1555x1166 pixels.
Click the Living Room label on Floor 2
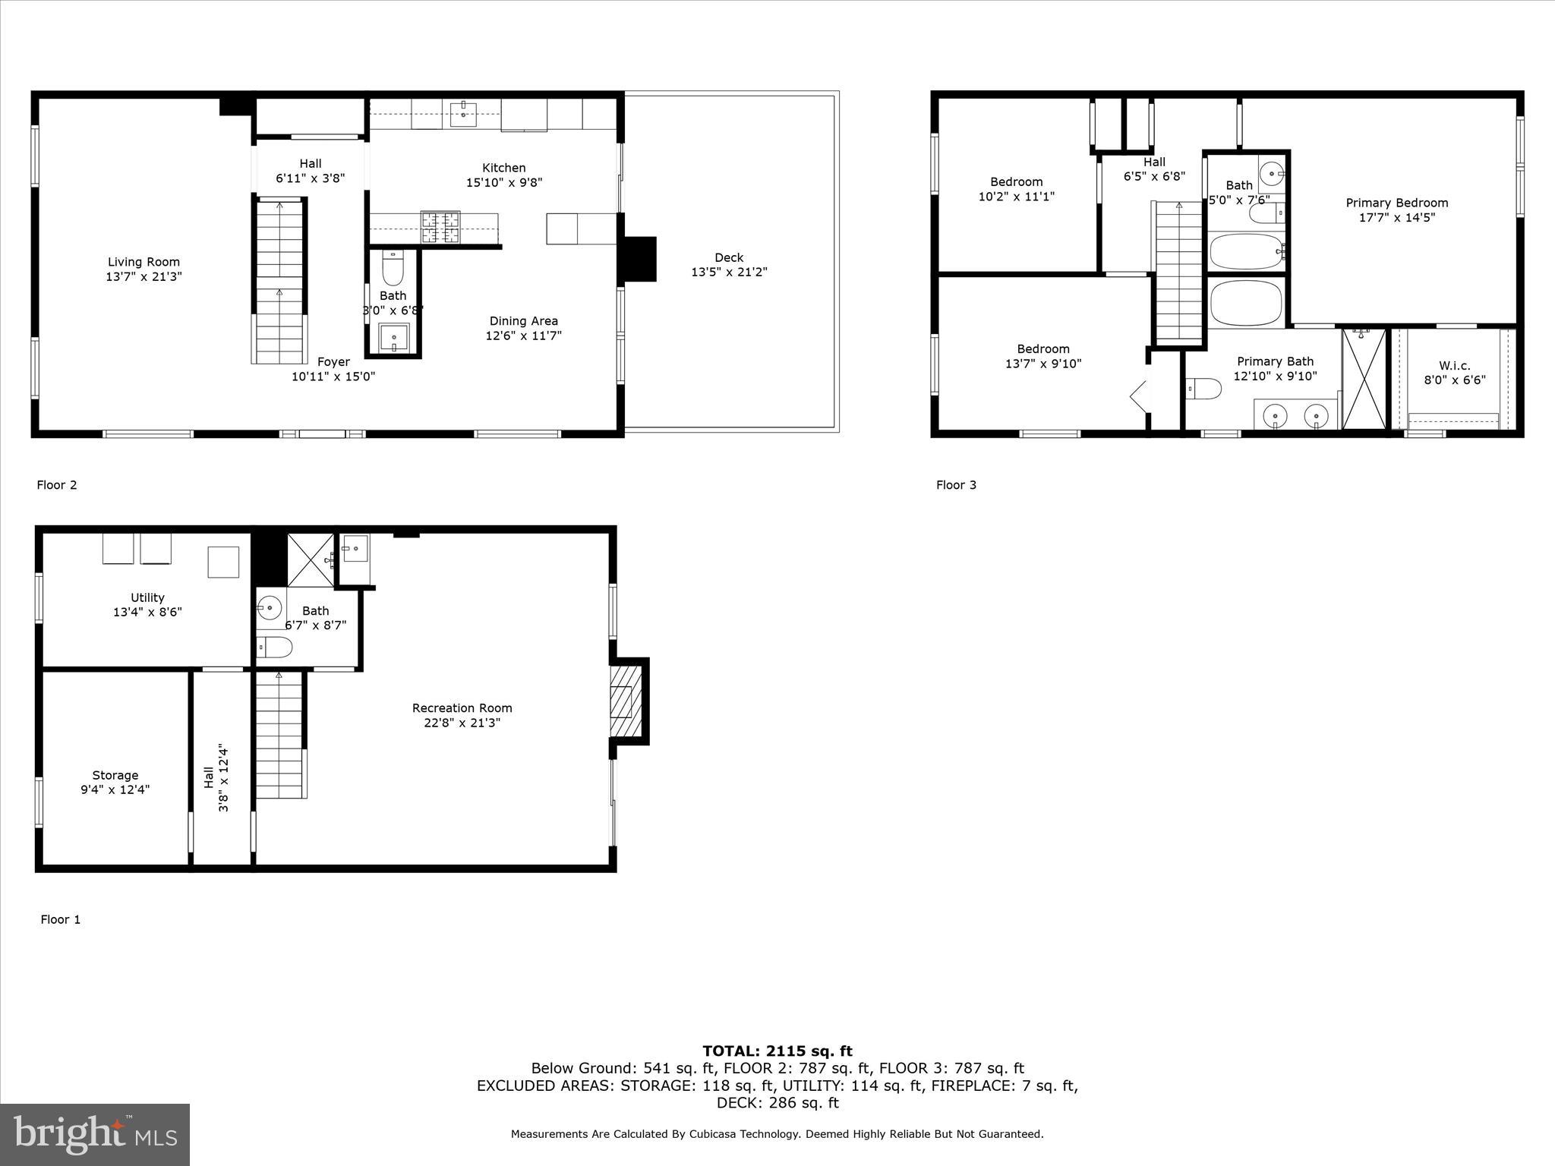coord(144,263)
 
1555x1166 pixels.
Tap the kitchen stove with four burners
coord(440,227)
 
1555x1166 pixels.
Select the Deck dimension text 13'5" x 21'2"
coord(729,272)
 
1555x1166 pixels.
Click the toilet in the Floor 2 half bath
coord(393,269)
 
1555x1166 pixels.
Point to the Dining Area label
coord(523,321)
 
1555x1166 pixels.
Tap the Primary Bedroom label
coord(1396,203)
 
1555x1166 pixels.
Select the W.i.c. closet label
coord(1454,366)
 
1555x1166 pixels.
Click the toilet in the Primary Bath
coord(1204,389)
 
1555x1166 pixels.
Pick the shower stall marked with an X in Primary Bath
coord(1364,378)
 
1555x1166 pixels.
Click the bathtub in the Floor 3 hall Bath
coord(1245,251)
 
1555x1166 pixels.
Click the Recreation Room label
coord(462,708)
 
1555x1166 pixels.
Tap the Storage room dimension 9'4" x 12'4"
coord(115,789)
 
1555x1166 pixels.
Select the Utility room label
coord(147,597)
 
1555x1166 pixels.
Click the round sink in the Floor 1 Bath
coord(269,608)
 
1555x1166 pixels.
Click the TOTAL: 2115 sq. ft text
coord(777,1051)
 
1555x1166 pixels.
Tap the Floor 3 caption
coord(956,485)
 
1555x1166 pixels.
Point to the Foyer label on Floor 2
coord(333,362)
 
